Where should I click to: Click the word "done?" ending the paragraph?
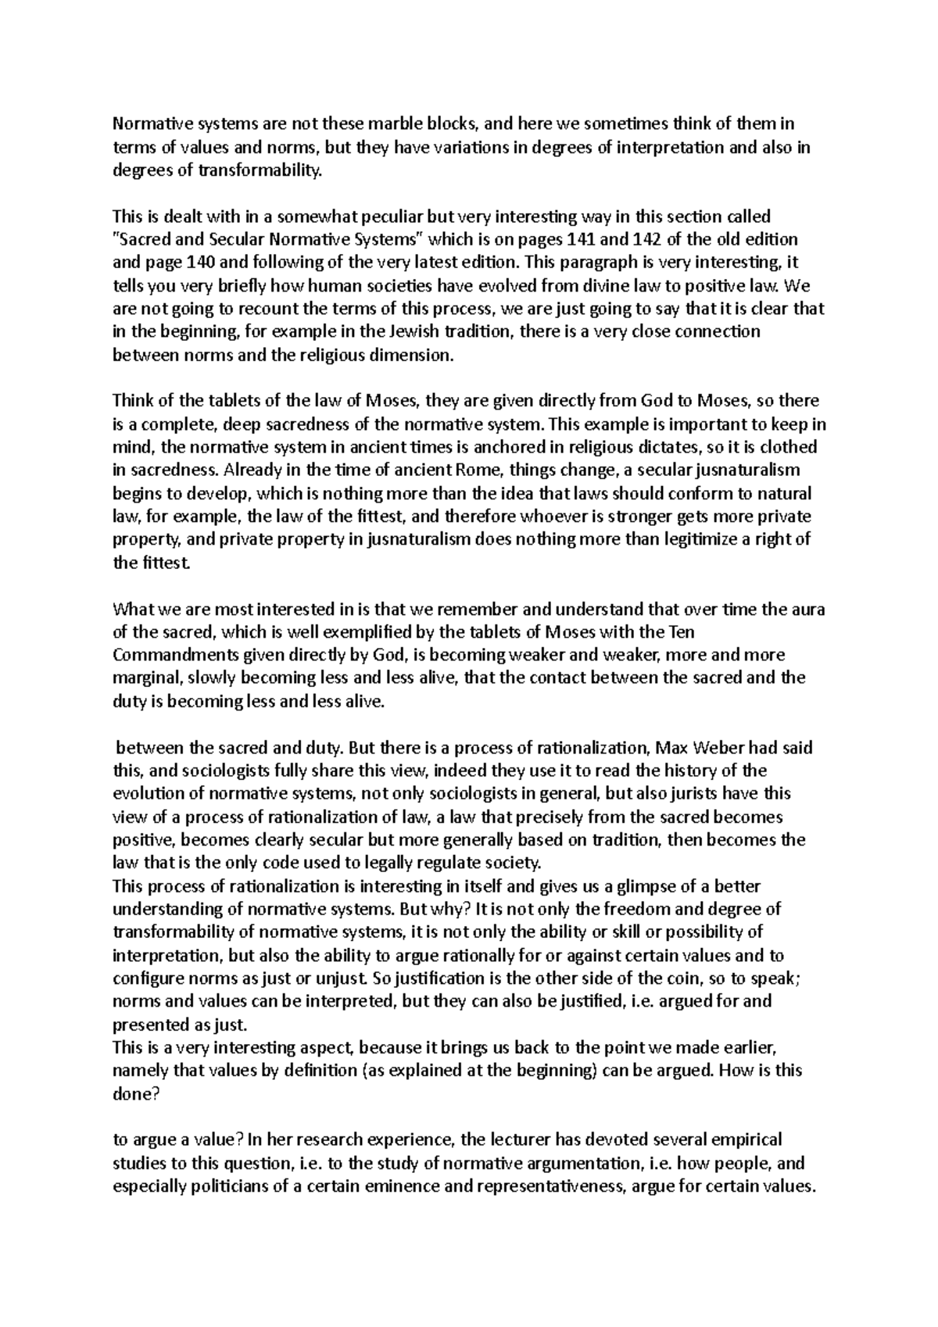click(x=137, y=1094)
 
